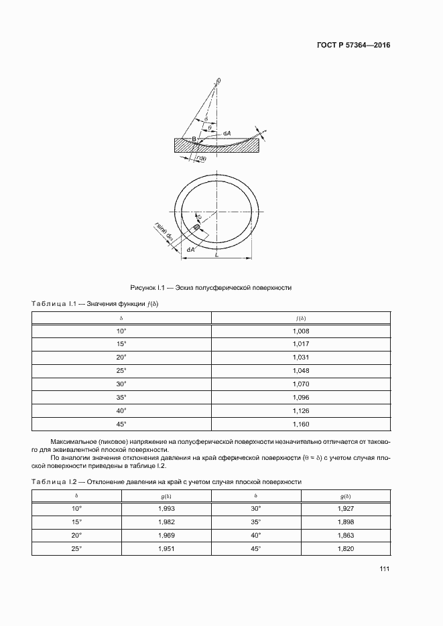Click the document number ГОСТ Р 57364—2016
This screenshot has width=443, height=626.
coord(353,46)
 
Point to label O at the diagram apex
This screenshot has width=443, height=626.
coord(219,81)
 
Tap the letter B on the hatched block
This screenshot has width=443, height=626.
coord(194,139)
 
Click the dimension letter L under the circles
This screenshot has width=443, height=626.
coord(215,254)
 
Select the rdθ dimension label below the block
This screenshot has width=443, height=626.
coord(201,158)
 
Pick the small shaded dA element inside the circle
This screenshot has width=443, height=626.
coord(196,228)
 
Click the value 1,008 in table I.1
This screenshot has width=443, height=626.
coord(301,331)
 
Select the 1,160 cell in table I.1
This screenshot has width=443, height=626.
coord(301,424)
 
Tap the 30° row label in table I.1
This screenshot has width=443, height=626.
coord(121,384)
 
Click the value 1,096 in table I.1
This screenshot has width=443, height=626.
coord(301,398)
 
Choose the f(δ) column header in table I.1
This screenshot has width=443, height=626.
coord(301,317)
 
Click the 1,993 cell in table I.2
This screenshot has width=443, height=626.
coord(166,509)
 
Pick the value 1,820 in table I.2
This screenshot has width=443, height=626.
coord(346,549)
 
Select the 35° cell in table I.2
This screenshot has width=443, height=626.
coord(256,522)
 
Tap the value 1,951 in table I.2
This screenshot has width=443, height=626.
coord(166,549)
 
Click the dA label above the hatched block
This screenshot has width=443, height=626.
coord(227,134)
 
